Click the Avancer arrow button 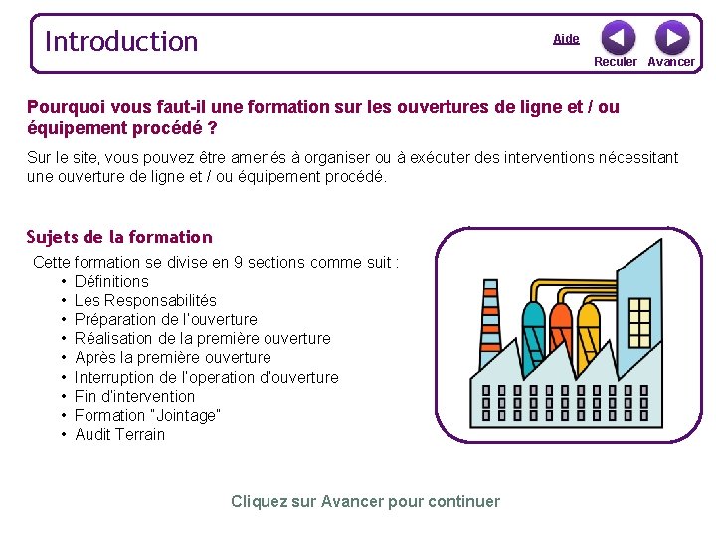[x=672, y=38]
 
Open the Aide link [x=566, y=39]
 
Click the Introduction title [x=121, y=42]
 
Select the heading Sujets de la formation [x=119, y=237]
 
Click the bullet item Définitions [x=111, y=281]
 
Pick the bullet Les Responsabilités [x=145, y=300]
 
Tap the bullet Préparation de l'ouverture [x=165, y=319]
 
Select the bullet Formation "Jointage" [x=147, y=415]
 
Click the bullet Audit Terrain [x=119, y=434]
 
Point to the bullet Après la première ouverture [x=172, y=357]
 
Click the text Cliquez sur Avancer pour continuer [x=365, y=501]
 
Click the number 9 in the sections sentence [x=238, y=263]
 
